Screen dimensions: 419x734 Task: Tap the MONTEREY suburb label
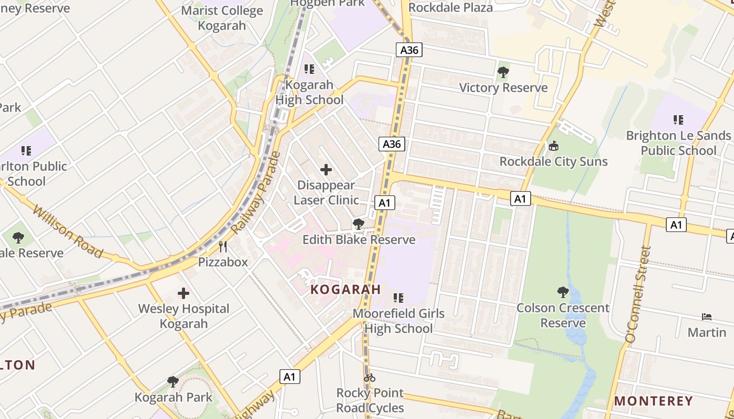pyautogui.click(x=653, y=401)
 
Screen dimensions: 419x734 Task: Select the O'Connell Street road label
pyautogui.click(x=638, y=295)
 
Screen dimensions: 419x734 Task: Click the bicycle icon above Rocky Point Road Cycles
pyautogui.click(x=370, y=377)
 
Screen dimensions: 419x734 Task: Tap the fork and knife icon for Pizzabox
pyautogui.click(x=223, y=246)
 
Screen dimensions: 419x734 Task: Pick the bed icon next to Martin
pyautogui.click(x=707, y=317)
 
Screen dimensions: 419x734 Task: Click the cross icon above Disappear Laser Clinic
pyautogui.click(x=326, y=170)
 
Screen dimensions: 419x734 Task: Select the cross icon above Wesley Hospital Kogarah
pyautogui.click(x=183, y=293)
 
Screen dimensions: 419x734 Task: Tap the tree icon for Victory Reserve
pyautogui.click(x=503, y=72)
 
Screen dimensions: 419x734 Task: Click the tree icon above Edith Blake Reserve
pyautogui.click(x=359, y=224)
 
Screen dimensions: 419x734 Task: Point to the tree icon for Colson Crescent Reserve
pyautogui.click(x=563, y=292)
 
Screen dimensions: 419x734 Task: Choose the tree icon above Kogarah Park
pyautogui.click(x=173, y=382)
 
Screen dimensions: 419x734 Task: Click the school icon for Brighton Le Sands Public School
pyautogui.click(x=678, y=120)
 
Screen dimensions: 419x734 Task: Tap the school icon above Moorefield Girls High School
pyautogui.click(x=398, y=298)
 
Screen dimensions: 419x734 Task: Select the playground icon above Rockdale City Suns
pyautogui.click(x=553, y=146)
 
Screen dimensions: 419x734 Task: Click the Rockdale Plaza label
pyautogui.click(x=450, y=7)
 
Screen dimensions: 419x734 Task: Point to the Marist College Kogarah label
pyautogui.click(x=222, y=18)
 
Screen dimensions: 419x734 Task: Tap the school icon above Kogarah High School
pyautogui.click(x=309, y=69)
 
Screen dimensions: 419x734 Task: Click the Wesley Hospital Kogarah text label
pyautogui.click(x=183, y=316)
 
